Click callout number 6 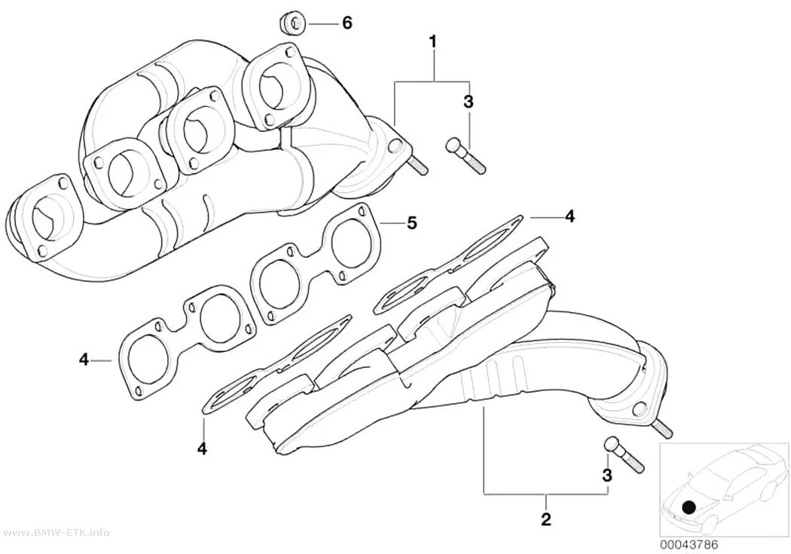(x=347, y=23)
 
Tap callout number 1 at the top (x=432, y=41)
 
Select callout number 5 (x=412, y=222)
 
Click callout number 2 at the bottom (x=546, y=519)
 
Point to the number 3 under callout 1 (x=469, y=102)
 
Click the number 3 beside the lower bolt (x=607, y=476)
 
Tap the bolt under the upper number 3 (x=465, y=157)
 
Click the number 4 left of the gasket (x=84, y=360)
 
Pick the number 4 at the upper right (x=570, y=216)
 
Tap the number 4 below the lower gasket (x=203, y=448)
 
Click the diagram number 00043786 (x=688, y=546)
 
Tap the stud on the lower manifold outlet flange (x=664, y=430)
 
